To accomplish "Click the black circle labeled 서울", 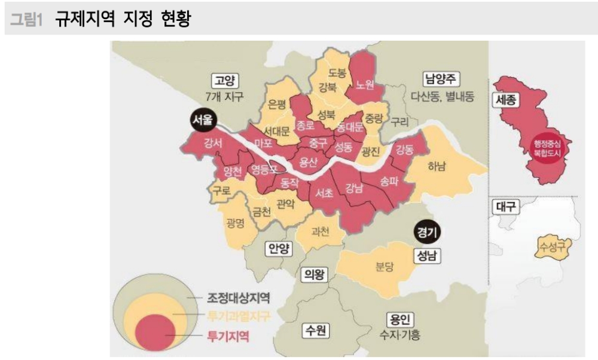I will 201,120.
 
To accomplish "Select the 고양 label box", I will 225,81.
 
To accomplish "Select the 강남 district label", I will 354,189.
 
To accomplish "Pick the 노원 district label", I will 364,84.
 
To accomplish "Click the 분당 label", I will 385,267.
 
